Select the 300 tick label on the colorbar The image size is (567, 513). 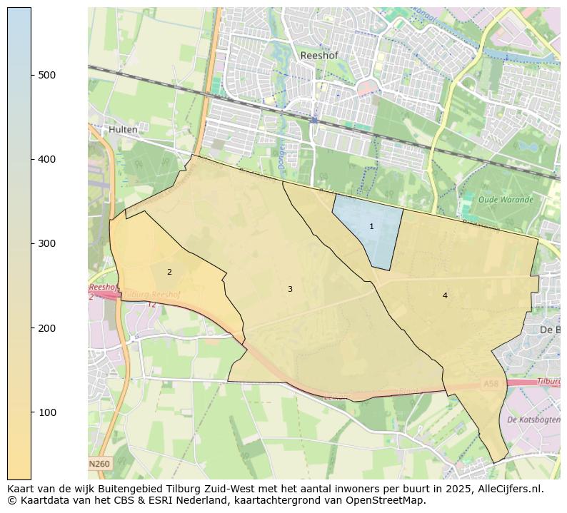(x=47, y=243)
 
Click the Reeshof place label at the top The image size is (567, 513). (x=318, y=55)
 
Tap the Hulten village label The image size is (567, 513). (x=124, y=130)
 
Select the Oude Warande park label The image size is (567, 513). (x=506, y=200)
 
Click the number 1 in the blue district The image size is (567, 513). (x=371, y=226)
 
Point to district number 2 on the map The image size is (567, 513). (x=169, y=272)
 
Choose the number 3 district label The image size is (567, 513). (x=290, y=289)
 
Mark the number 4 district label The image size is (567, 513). (x=445, y=295)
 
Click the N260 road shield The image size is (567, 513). (x=99, y=464)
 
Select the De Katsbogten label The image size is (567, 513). (x=532, y=420)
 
